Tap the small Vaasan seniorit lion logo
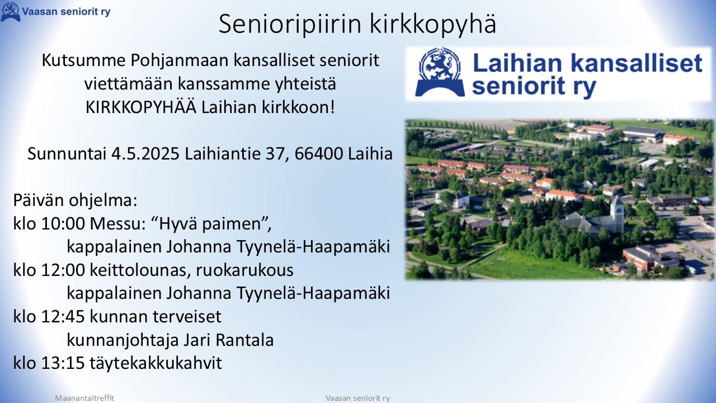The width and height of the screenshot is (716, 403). coord(11,12)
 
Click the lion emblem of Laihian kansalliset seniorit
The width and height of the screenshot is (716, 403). coord(440,72)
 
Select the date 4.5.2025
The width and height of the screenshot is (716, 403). coord(145,154)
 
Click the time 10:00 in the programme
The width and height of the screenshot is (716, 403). coord(63,223)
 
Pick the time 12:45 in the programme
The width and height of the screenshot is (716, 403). coord(63,317)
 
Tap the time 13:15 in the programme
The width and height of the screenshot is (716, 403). coord(63,363)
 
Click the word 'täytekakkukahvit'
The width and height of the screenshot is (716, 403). coord(156,363)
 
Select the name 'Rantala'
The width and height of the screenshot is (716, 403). coord(244,340)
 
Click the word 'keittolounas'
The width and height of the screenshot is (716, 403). coord(140,270)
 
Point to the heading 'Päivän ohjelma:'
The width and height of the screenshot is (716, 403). coord(75,201)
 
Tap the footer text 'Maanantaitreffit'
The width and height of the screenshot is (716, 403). coord(84,398)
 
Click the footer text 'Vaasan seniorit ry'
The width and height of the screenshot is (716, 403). coord(357,398)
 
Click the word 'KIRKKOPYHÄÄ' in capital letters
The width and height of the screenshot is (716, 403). coord(141,107)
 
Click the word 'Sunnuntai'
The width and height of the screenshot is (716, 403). coord(67,154)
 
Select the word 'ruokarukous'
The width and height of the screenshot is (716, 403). coord(244,270)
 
